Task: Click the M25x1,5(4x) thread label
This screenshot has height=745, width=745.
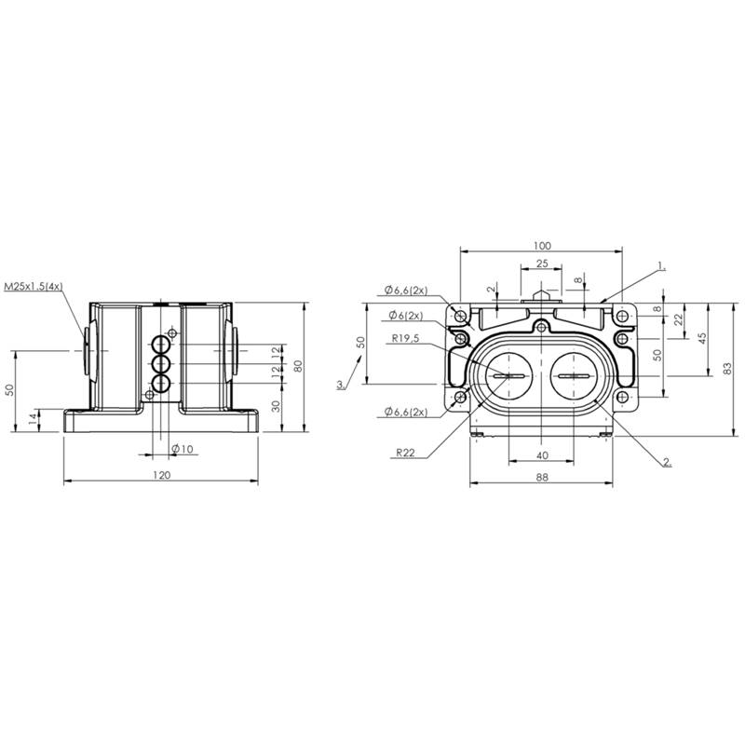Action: point(34,287)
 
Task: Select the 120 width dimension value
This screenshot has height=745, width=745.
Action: point(161,475)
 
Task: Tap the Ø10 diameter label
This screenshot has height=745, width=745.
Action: point(183,449)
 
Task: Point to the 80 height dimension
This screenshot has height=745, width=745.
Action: point(298,366)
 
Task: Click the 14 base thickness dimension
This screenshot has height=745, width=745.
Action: point(33,419)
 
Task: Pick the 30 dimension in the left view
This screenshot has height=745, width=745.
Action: point(276,406)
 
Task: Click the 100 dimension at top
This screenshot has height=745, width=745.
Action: point(542,246)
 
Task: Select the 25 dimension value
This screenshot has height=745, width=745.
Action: point(542,264)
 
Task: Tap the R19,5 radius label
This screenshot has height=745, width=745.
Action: point(405,338)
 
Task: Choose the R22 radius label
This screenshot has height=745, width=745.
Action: point(406,453)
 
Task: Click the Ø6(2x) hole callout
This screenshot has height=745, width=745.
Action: point(406,315)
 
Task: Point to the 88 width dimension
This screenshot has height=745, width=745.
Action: point(542,478)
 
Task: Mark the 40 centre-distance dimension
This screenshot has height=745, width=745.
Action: point(542,455)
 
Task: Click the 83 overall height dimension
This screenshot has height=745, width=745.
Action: point(727,369)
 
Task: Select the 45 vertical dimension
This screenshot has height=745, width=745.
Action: point(703,338)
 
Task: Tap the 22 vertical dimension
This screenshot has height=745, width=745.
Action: point(680,318)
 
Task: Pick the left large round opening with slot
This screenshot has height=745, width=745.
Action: point(508,376)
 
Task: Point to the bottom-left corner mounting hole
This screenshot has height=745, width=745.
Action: point(460,398)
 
